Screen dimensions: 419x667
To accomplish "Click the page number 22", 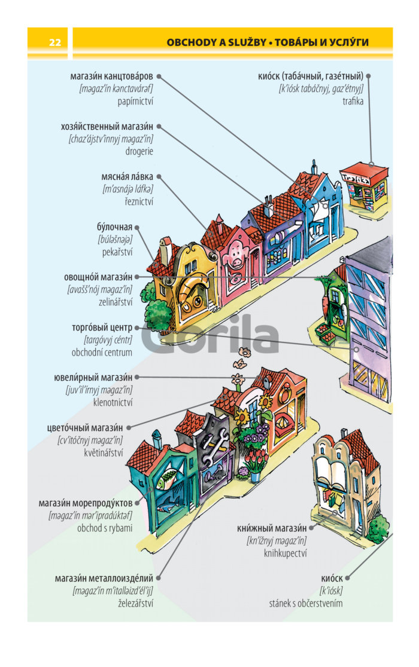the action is (x=55, y=42).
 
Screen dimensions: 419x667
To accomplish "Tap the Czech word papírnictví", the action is (x=135, y=102).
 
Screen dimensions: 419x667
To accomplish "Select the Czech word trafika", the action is (x=353, y=101).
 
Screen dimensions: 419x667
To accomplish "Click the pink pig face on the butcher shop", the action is (x=235, y=255).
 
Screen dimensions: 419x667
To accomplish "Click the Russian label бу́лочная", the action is (x=114, y=227).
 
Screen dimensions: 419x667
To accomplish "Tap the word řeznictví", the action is (x=139, y=201).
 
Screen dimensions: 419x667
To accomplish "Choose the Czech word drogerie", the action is (x=139, y=151).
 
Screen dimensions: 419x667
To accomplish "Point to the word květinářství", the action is (x=104, y=452).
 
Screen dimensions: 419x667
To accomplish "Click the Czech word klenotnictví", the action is (x=113, y=402).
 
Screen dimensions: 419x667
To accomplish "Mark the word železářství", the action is (x=135, y=603).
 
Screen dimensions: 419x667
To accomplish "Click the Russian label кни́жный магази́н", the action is (x=272, y=528).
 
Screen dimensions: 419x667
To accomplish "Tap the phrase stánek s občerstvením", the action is (x=306, y=603).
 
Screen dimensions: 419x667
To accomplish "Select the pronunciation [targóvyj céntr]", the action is (x=108, y=340).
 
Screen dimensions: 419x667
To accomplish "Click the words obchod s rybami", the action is (x=105, y=528).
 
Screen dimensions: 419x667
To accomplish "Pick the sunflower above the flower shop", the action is (x=265, y=402).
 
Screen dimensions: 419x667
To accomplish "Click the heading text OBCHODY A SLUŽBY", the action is (x=216, y=42).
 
